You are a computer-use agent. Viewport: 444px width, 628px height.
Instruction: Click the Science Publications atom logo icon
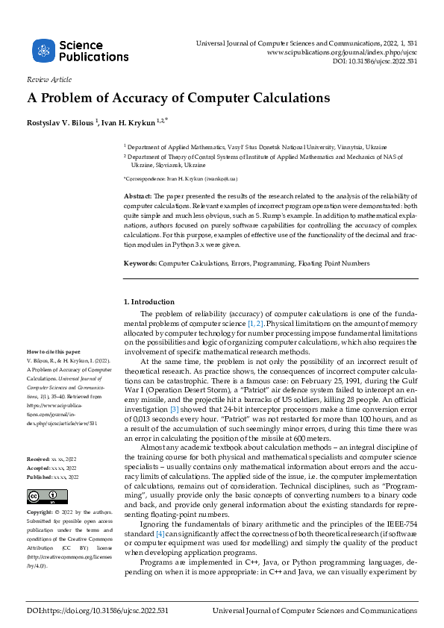[x=44, y=51]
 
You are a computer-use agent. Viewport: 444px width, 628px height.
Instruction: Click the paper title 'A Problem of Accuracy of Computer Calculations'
[x=178, y=98]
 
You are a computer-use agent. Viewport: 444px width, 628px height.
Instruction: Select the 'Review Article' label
[x=49, y=79]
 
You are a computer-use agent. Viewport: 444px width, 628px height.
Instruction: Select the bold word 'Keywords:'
[x=140, y=263]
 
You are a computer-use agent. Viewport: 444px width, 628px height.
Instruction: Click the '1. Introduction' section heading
[x=148, y=301]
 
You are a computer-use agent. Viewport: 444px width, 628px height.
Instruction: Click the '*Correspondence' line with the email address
[x=190, y=180]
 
